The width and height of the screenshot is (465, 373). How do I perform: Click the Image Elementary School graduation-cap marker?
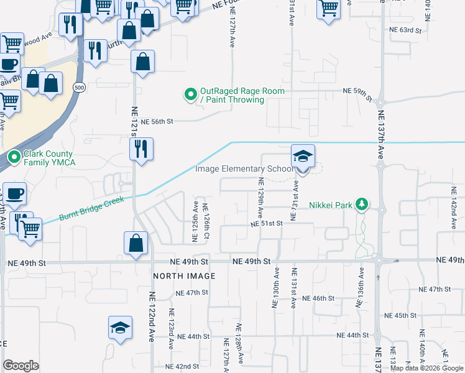click(303, 156)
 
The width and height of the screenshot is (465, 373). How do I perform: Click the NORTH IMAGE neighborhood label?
click(185, 275)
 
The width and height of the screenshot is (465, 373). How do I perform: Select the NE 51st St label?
click(267, 223)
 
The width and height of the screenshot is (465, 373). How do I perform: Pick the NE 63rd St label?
click(405, 30)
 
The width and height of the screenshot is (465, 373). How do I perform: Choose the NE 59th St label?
click(357, 91)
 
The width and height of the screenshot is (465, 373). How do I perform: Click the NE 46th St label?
click(318, 298)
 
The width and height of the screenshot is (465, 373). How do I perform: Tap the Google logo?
click(21, 366)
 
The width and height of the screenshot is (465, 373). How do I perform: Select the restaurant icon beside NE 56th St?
click(141, 149)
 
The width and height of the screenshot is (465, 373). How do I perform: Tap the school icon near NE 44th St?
click(120, 328)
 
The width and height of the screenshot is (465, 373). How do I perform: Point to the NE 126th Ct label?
click(206, 220)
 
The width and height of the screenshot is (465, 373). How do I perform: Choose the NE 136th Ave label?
click(359, 287)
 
